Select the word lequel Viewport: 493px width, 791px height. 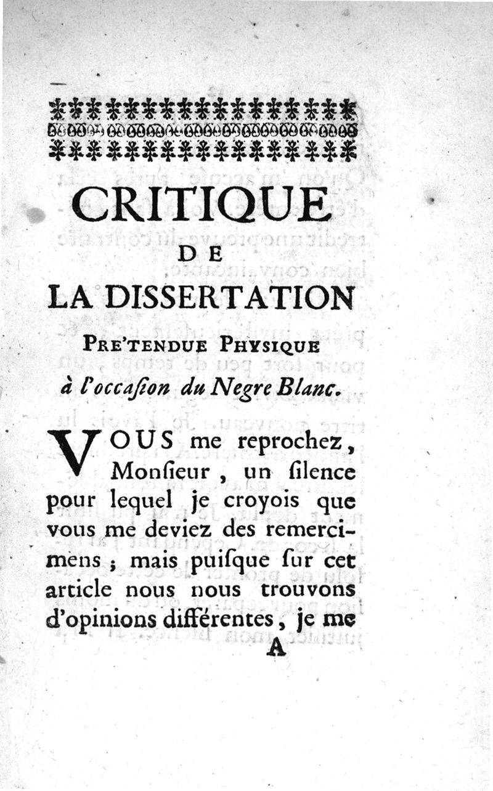(x=136, y=502)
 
